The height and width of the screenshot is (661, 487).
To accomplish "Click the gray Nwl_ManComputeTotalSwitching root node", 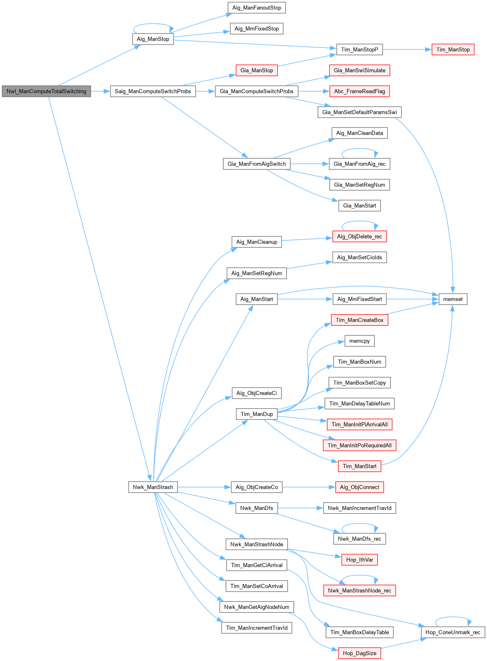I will [46, 91].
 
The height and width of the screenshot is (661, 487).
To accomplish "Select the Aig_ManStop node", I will [153, 39].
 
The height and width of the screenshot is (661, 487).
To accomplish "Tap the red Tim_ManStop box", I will [453, 49].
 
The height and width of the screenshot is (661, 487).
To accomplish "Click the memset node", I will [453, 299].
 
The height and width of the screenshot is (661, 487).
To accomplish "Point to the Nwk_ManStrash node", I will [153, 487].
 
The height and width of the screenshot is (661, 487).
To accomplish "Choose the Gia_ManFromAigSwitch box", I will [257, 164].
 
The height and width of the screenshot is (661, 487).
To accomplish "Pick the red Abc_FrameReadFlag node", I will [359, 91].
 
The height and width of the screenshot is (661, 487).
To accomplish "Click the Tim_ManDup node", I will [257, 414].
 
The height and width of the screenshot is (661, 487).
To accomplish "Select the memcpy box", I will [359, 341].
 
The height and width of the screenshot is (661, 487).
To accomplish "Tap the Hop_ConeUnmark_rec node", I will [453, 632].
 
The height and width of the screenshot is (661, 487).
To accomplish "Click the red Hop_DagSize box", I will [359, 653].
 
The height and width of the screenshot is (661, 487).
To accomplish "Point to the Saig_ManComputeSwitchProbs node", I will [153, 91].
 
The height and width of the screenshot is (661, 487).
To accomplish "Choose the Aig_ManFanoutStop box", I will [257, 8].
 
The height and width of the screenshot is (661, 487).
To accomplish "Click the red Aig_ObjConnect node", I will [359, 487].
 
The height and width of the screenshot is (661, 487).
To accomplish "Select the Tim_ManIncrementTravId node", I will [257, 628].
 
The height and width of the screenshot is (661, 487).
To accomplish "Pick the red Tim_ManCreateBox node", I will [359, 320].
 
